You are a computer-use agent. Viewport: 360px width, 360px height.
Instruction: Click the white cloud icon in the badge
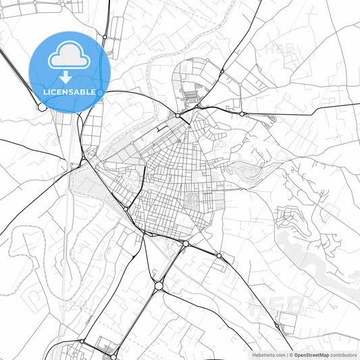(70, 57)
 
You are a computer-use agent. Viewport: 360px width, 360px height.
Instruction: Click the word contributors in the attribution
(344, 355)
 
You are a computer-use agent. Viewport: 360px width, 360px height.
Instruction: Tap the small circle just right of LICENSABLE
(100, 92)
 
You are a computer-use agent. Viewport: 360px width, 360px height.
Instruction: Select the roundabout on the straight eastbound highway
(242, 113)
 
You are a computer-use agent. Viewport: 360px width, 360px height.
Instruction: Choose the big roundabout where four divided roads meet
(159, 286)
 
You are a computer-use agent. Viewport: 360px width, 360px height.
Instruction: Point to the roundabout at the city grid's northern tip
(178, 115)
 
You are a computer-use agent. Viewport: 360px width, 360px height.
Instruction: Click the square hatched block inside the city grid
(192, 199)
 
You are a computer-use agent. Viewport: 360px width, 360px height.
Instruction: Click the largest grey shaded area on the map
(317, 257)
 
